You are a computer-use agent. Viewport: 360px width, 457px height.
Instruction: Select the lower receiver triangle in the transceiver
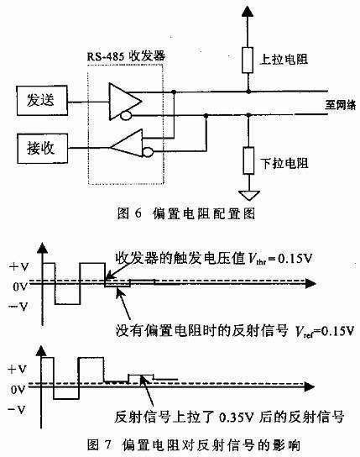[126, 146]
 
